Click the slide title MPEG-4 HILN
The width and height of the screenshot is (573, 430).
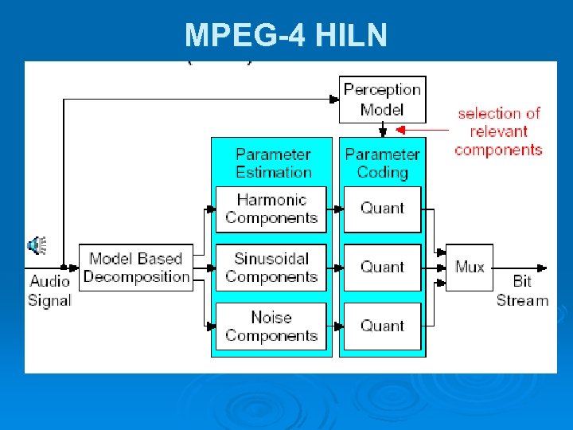(x=286, y=35)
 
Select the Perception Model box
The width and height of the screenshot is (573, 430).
(x=382, y=100)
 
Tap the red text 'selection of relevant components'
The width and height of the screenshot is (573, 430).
(x=499, y=131)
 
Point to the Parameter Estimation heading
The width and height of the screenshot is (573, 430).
(x=273, y=162)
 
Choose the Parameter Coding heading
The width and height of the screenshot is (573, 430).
(x=382, y=162)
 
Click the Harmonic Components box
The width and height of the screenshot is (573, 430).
(x=271, y=209)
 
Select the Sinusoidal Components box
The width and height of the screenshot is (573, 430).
(x=271, y=268)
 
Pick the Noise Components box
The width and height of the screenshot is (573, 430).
(x=271, y=326)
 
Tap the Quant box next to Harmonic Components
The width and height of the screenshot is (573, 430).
(x=382, y=209)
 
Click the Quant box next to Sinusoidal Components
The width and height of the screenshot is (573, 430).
(x=382, y=268)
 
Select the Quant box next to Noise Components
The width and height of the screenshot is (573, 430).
(x=382, y=326)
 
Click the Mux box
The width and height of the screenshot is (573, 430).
(x=470, y=268)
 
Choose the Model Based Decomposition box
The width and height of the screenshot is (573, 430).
(x=136, y=268)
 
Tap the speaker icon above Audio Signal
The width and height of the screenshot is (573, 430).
(x=37, y=244)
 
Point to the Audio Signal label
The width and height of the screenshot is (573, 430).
(x=49, y=291)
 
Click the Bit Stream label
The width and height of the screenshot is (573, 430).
(x=522, y=291)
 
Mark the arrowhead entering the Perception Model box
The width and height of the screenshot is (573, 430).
(x=334, y=100)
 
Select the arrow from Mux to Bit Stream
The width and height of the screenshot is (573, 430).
(x=521, y=268)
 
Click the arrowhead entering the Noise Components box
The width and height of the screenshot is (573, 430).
(x=211, y=326)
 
